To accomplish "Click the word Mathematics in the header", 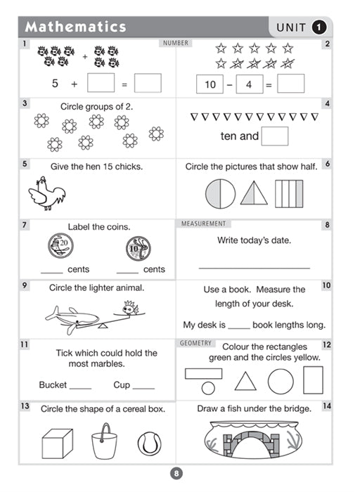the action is (75, 27).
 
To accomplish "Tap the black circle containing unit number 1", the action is (319, 27).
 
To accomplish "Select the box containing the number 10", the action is (210, 84).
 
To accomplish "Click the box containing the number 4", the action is (250, 84).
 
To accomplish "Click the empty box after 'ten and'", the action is (275, 136).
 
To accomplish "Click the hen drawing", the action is (47, 193).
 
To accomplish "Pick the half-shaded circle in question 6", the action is (220, 194).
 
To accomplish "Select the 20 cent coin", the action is (61, 246).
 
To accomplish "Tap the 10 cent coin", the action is (139, 249).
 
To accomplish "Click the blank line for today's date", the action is (255, 268).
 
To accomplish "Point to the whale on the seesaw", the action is (72, 318).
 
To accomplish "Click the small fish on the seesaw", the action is (129, 309).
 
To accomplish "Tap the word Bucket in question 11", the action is (53, 384).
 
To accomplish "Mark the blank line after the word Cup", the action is (143, 389).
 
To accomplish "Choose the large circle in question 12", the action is (281, 381).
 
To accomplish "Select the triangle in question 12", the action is (245, 381).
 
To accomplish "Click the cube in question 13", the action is (58, 444).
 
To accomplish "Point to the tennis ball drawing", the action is (150, 444).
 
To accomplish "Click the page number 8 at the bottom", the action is (176, 474).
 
